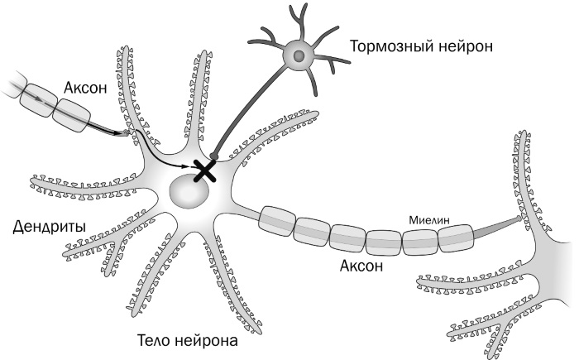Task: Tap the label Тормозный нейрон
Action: pos(422,46)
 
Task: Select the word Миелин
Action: pos(428,221)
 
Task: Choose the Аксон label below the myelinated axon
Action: pos(361,266)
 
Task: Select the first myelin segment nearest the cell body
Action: pos(276,219)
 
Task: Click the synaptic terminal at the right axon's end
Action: pos(519,219)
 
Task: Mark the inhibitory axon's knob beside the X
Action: pos(214,155)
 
